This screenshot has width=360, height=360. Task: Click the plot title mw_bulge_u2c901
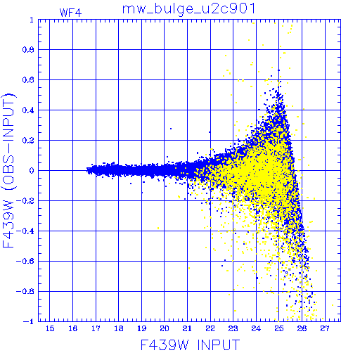[x=188, y=9]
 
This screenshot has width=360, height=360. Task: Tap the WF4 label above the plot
[x=70, y=13]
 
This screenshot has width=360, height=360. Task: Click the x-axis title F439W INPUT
[x=191, y=345]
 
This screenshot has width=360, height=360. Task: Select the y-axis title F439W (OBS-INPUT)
[x=9, y=170]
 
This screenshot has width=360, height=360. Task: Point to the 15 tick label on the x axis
[x=50, y=328]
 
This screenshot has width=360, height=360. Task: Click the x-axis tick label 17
[x=96, y=328]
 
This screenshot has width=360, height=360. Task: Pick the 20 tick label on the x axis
[x=165, y=328]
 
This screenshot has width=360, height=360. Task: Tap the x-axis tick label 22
[x=210, y=328]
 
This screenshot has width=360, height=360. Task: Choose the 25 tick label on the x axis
[x=279, y=328]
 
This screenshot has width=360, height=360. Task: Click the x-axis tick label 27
[x=325, y=328]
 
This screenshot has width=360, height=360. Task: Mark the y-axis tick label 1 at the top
[x=32, y=20]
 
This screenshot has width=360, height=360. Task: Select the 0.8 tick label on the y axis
[x=28, y=50]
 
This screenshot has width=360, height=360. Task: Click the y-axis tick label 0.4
[x=28, y=110]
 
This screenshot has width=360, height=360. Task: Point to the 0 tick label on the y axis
[x=32, y=170]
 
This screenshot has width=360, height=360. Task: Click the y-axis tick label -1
[x=29, y=321]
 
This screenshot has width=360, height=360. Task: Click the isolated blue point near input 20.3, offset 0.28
[x=171, y=129]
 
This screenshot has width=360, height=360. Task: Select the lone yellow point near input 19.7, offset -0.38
[x=158, y=228]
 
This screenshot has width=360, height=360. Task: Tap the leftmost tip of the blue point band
[x=86, y=170]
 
